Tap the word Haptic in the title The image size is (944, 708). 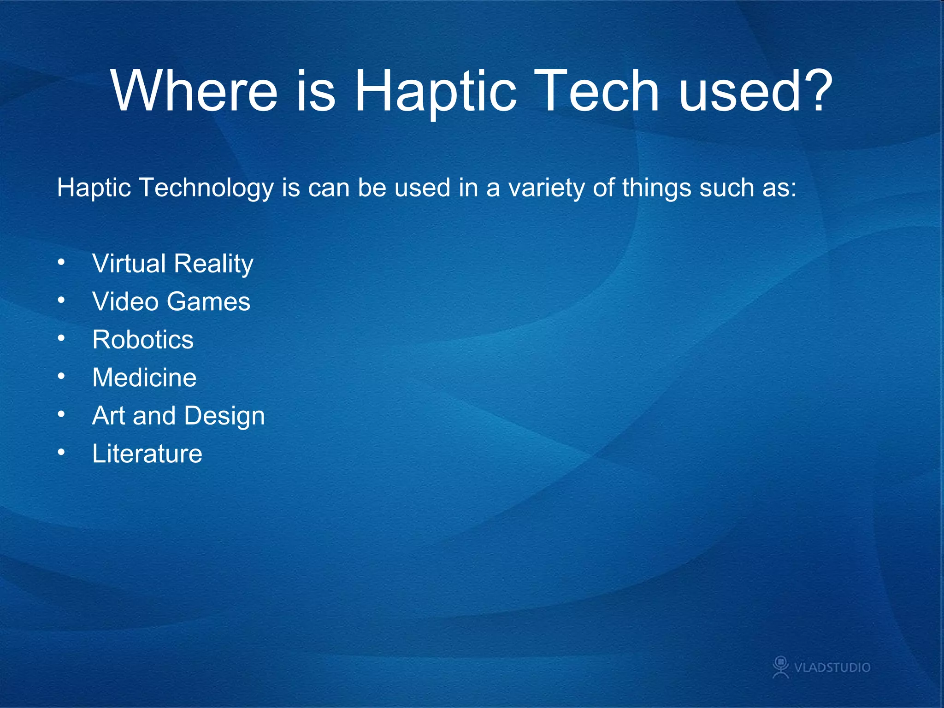(x=435, y=92)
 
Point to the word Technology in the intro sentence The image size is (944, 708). (x=206, y=189)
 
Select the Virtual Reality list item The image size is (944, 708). (x=172, y=264)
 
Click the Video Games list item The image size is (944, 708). (x=171, y=302)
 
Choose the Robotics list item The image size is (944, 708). (x=143, y=340)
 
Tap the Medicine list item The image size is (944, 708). (x=144, y=378)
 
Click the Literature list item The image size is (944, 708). (x=147, y=454)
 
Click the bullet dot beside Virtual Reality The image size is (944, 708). (x=61, y=263)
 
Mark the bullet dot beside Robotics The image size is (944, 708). (x=61, y=339)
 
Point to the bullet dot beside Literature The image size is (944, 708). (x=61, y=453)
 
